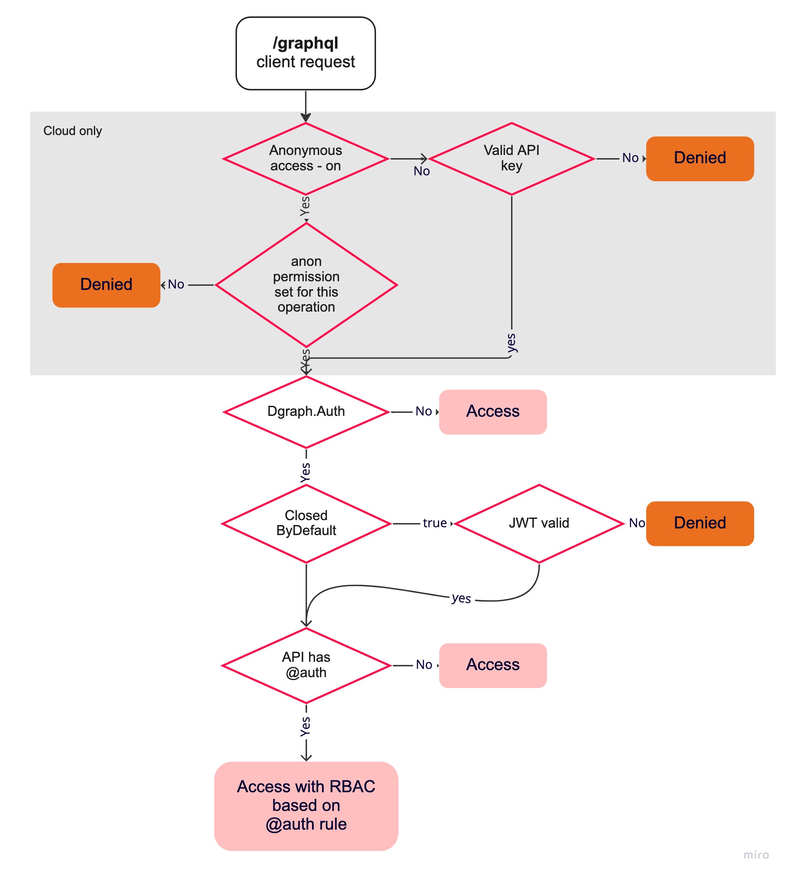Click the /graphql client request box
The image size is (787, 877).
(x=305, y=53)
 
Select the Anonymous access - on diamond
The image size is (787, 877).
(x=305, y=158)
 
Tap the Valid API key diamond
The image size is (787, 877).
(x=511, y=158)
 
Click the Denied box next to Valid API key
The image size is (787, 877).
(x=699, y=158)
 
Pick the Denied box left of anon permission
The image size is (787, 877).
(x=106, y=285)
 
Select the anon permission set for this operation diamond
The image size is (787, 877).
(x=306, y=285)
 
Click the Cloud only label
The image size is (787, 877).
(x=73, y=130)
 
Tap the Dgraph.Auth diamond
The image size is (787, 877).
(x=306, y=411)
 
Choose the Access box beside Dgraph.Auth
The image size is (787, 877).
(x=492, y=411)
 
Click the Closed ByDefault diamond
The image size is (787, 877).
(x=306, y=523)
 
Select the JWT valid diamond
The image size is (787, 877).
(x=539, y=523)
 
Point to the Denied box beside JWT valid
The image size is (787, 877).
(x=699, y=523)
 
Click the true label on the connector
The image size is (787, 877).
(x=434, y=523)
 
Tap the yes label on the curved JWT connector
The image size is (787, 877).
(x=461, y=598)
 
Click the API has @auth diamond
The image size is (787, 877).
(x=306, y=665)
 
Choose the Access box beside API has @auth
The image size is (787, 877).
(x=492, y=665)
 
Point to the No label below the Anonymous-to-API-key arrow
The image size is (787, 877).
(x=421, y=171)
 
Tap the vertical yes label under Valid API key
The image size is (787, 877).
(x=511, y=343)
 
